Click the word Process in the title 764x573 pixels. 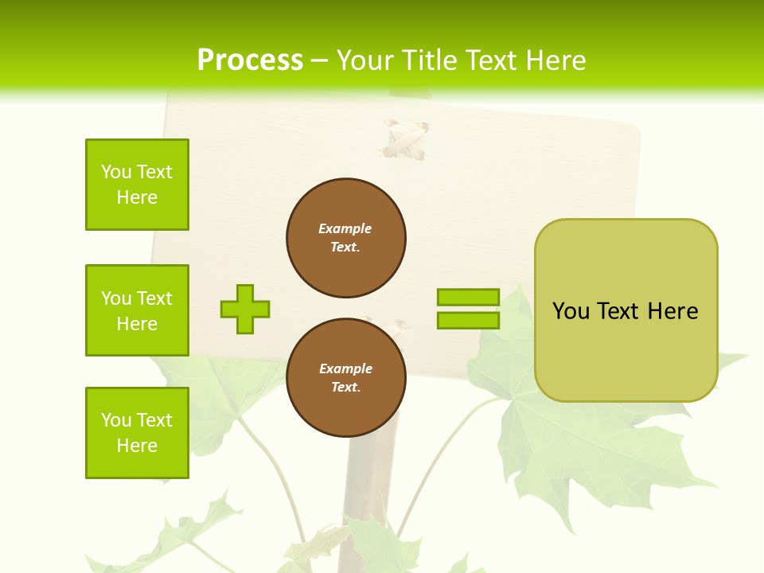[x=250, y=60]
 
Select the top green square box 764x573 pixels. [x=137, y=185]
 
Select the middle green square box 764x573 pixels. [x=137, y=310]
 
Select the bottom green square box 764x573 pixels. [x=137, y=433]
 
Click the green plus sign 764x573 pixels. [x=245, y=309]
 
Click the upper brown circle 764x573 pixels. [x=346, y=238]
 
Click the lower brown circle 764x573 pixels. [x=346, y=378]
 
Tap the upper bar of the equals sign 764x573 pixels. [x=468, y=297]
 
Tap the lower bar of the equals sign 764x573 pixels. [x=468, y=321]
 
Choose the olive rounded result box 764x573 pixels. [x=626, y=350]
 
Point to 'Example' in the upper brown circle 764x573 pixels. [x=345, y=228]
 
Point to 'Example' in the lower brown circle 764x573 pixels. [x=345, y=368]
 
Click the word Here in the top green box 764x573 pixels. [x=137, y=197]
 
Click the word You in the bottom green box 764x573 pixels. [x=116, y=420]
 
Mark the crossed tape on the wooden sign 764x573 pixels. [x=406, y=140]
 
